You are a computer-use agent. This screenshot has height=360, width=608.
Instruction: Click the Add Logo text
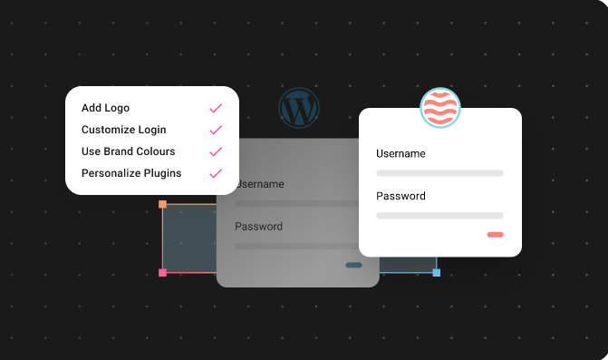click(105, 109)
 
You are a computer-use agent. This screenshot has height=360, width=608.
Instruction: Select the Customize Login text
click(123, 131)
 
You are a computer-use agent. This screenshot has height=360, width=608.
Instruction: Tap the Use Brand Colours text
click(128, 151)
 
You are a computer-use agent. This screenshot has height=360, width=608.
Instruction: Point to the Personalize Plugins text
click(131, 173)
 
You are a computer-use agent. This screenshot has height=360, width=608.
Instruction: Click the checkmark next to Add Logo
click(216, 109)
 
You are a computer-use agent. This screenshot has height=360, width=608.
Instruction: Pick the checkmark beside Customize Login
click(216, 131)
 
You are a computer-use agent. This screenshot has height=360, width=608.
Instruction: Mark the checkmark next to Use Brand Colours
click(216, 151)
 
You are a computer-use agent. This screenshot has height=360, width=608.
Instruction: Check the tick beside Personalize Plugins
click(216, 173)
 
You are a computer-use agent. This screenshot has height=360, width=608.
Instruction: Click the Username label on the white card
click(401, 154)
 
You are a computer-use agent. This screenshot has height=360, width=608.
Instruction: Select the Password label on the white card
click(401, 196)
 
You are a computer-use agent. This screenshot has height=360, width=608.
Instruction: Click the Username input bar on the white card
click(439, 172)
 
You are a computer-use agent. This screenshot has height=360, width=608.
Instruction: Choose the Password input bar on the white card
click(439, 216)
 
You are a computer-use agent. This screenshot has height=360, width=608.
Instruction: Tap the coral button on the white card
click(495, 235)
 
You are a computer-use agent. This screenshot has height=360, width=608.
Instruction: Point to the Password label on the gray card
click(258, 227)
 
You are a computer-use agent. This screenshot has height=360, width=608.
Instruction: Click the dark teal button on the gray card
click(353, 266)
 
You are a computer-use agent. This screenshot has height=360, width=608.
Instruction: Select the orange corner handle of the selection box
click(163, 205)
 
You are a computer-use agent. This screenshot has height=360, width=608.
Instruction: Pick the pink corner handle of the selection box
click(163, 272)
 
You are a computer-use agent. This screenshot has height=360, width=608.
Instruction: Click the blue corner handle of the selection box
click(436, 272)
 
